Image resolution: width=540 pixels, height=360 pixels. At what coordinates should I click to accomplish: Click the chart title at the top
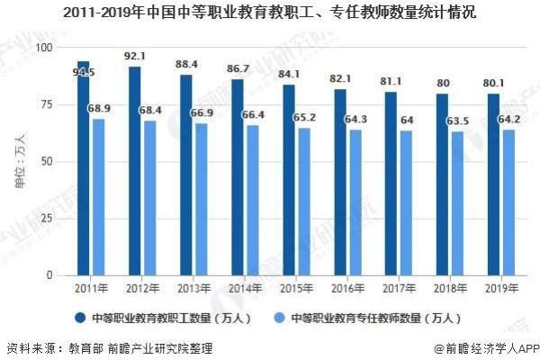coord(270,13)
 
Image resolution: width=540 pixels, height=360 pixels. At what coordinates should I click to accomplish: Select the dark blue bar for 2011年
coord(83,171)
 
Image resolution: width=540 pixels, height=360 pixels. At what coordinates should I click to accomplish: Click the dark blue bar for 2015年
coord(288,179)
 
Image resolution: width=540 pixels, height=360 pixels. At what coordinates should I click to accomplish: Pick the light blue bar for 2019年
coord(509,202)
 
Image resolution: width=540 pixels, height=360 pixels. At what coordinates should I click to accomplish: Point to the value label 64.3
coord(371,119)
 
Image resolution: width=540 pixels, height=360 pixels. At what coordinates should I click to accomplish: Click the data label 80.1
coord(494,85)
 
